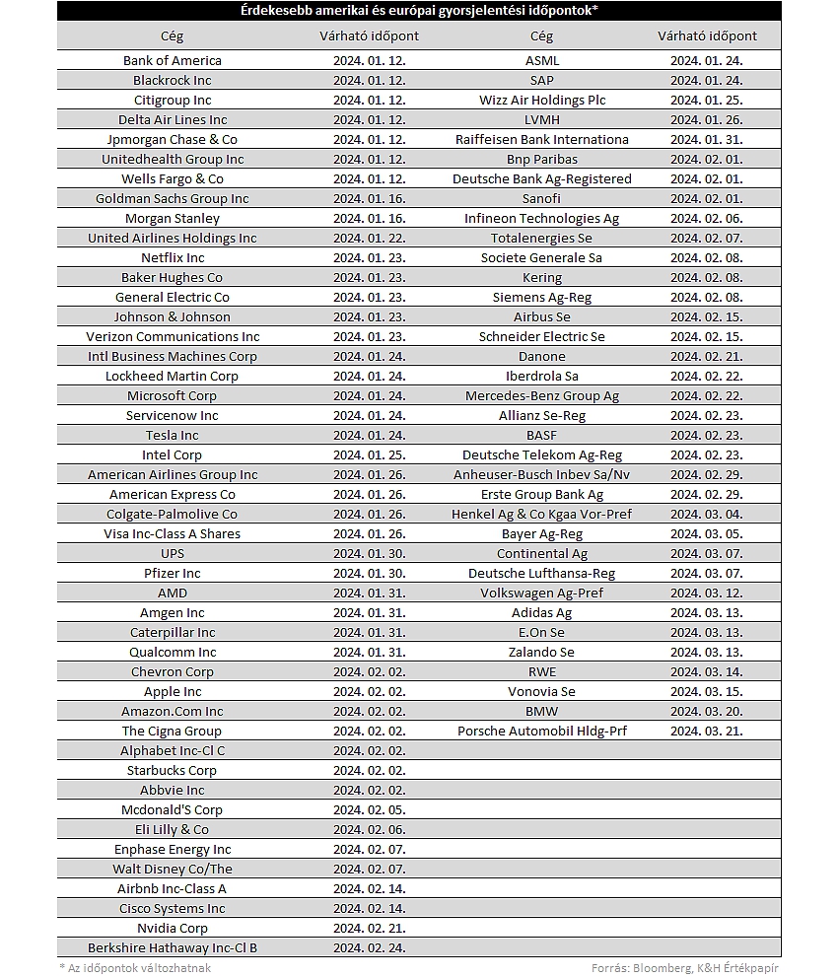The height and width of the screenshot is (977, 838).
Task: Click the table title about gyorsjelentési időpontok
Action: [419, 11]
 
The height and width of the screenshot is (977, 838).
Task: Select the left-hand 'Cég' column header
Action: [172, 35]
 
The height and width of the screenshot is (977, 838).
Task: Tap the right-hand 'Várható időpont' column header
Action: [707, 35]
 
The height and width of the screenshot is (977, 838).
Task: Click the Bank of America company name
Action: [172, 60]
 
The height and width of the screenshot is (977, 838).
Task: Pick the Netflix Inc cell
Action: [172, 257]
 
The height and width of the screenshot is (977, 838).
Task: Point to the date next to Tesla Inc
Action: [369, 435]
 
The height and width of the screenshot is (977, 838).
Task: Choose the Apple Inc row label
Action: [172, 691]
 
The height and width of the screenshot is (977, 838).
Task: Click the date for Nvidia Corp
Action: [369, 928]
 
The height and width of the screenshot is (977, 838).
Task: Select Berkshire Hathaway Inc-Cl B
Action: [172, 947]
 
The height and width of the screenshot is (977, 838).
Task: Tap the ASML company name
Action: [541, 60]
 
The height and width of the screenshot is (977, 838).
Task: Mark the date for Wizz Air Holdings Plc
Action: [707, 100]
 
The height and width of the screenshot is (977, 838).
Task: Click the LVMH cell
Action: [541, 119]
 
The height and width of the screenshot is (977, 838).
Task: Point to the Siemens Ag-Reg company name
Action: [541, 297]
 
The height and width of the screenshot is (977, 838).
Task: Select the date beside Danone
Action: [707, 356]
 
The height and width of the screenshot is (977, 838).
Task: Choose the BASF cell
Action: [541, 435]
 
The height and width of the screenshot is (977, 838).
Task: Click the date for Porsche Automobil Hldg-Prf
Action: [707, 731]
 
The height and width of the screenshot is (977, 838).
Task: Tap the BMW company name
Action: [541, 711]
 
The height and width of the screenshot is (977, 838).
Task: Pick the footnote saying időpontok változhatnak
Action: [135, 967]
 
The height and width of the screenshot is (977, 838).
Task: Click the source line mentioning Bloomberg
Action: [685, 967]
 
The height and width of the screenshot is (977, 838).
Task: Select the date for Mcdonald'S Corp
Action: [369, 809]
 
